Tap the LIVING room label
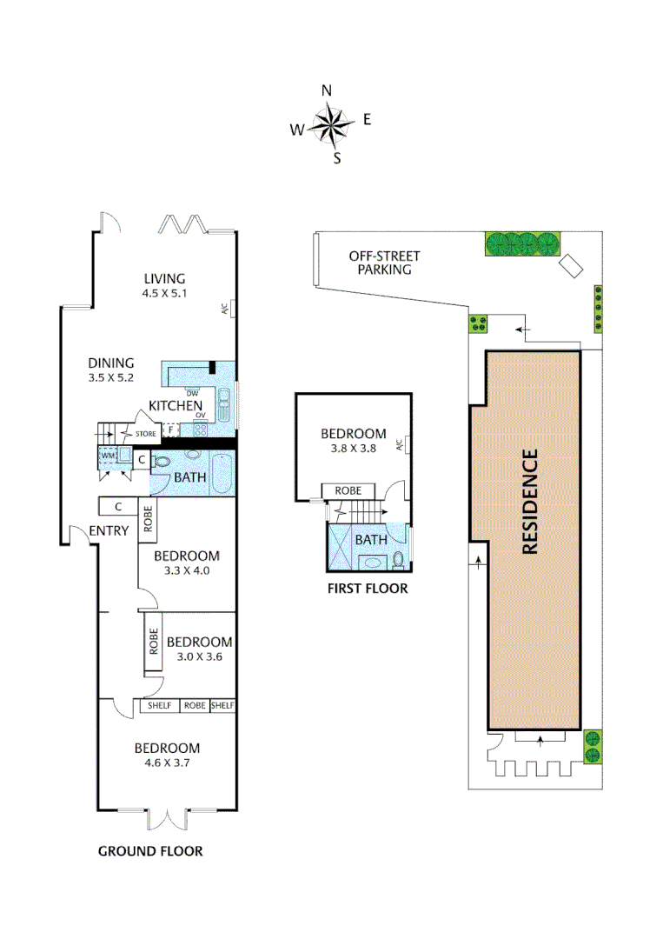pyautogui.click(x=165, y=278)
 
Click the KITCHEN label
pyautogui.click(x=176, y=405)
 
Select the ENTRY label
pyautogui.click(x=109, y=530)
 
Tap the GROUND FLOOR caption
pyautogui.click(x=150, y=850)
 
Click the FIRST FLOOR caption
pyautogui.click(x=367, y=589)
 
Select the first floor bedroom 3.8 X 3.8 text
pyautogui.click(x=353, y=449)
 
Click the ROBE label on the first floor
pyautogui.click(x=348, y=490)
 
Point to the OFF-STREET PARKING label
pyautogui.click(x=384, y=263)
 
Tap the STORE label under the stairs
pyautogui.click(x=145, y=432)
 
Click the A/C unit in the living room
pyautogui.click(x=224, y=309)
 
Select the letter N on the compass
pyautogui.click(x=327, y=90)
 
